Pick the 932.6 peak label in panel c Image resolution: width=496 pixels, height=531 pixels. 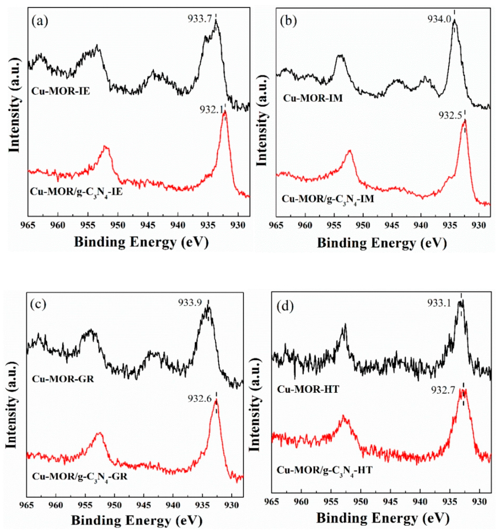tap(199, 399)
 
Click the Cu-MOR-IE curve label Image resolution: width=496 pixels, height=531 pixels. tap(61, 92)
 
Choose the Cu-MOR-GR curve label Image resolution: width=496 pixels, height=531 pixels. tap(63, 379)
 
